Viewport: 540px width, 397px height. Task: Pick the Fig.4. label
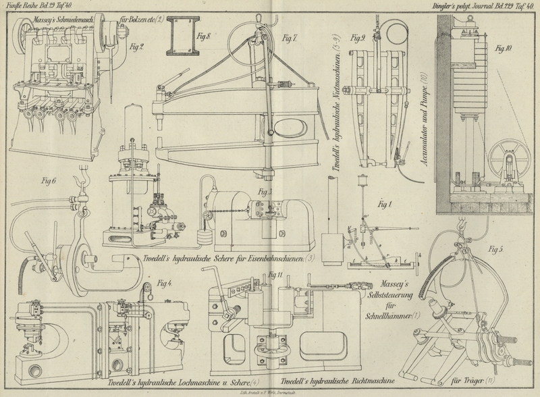click(x=164, y=282)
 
